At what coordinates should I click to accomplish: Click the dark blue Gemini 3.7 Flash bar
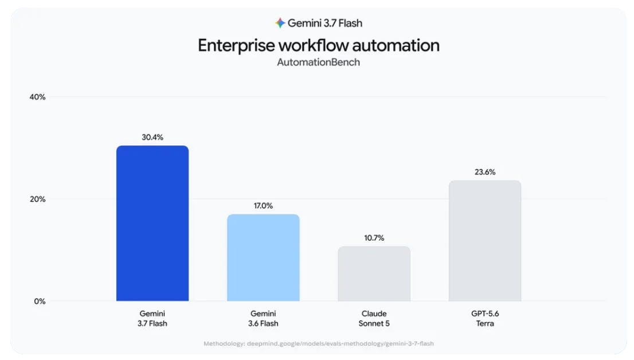tap(152, 224)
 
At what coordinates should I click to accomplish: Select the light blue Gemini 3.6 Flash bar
tap(263, 257)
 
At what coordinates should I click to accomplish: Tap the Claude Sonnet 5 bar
tap(374, 274)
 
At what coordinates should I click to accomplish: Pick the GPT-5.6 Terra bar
tap(485, 241)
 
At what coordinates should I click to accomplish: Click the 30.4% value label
tap(152, 138)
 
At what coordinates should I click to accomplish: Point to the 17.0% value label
tap(263, 206)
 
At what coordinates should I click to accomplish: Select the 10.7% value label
tap(374, 238)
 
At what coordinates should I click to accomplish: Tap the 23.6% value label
tap(485, 172)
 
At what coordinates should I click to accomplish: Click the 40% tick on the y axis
tap(38, 97)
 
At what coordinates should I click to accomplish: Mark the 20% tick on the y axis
tap(38, 199)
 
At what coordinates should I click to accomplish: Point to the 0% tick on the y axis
tap(40, 302)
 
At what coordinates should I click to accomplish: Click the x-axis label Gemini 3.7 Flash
tap(152, 318)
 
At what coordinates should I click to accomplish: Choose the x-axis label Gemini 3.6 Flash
tap(263, 318)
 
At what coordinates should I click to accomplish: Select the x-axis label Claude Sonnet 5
tap(374, 318)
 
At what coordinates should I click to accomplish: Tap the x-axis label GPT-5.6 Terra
tap(485, 318)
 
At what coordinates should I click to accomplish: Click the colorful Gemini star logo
tap(280, 23)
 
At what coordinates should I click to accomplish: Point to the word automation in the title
tap(396, 45)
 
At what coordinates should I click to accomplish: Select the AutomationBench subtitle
tap(319, 62)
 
